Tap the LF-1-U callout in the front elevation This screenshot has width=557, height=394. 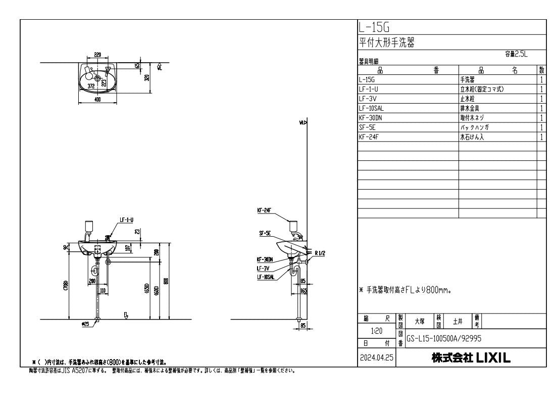[126, 220]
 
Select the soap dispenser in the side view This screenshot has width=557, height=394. [293, 225]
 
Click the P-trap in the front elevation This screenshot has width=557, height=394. [96, 265]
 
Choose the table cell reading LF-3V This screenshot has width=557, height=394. [368, 99]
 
